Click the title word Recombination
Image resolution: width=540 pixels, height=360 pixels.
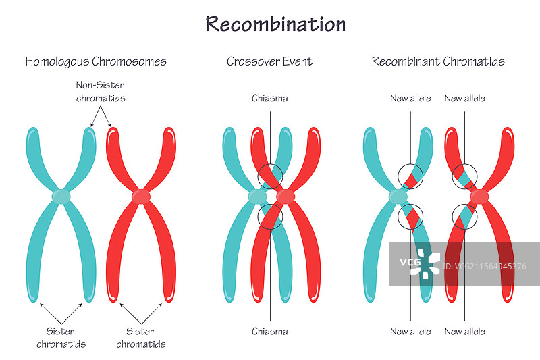(x=275, y=24)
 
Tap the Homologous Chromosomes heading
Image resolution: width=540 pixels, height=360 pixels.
(x=96, y=61)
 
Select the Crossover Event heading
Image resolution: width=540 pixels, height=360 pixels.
(x=269, y=61)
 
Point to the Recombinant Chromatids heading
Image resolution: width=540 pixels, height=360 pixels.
(x=438, y=61)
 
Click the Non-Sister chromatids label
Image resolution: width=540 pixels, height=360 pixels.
(x=100, y=92)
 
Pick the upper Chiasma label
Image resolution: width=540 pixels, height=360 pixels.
(x=270, y=98)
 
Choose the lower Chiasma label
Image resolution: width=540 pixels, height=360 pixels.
(x=270, y=331)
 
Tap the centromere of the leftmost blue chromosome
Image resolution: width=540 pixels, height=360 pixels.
(x=61, y=197)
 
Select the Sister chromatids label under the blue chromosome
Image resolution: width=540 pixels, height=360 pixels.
(x=61, y=338)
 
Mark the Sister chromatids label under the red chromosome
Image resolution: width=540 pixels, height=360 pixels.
(x=140, y=338)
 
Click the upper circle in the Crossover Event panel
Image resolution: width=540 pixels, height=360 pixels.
(x=271, y=176)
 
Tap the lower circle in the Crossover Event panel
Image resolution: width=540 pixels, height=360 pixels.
(x=271, y=217)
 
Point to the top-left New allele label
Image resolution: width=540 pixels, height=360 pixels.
(x=410, y=98)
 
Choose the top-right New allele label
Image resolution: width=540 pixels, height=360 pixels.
(x=464, y=98)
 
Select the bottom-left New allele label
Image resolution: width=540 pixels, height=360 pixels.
(x=410, y=331)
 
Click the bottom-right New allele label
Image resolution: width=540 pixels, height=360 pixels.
(x=464, y=331)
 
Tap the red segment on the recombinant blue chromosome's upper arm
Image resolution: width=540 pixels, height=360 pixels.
(x=412, y=178)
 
